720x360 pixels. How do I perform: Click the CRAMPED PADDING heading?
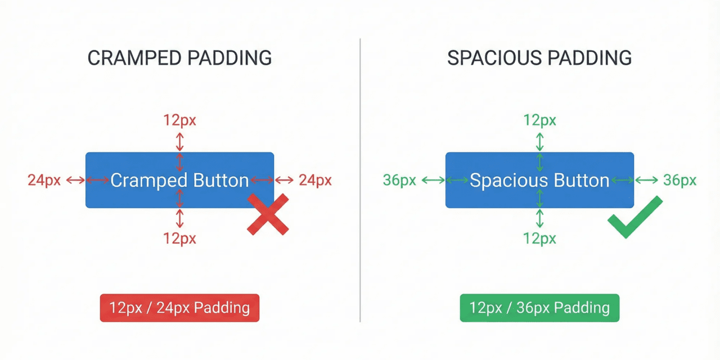[x=179, y=58]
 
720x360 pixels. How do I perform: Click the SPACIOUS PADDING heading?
[x=539, y=58]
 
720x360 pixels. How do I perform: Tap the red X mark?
[x=268, y=214]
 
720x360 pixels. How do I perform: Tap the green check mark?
[x=634, y=218]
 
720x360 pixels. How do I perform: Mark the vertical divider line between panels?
[x=360, y=180]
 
